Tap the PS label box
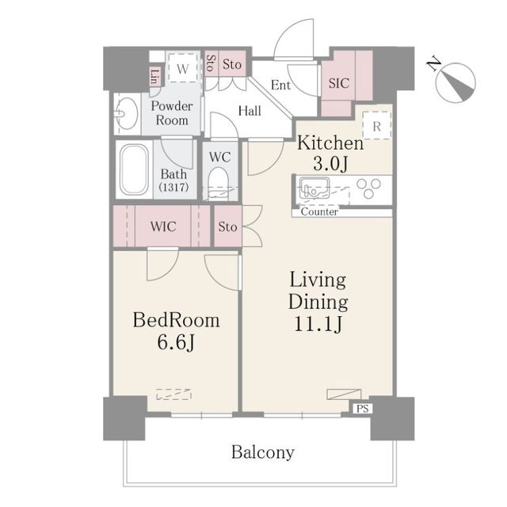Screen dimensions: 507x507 pos(362,410)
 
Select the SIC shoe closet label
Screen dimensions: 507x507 pos(338,83)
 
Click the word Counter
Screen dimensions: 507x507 pos(319,212)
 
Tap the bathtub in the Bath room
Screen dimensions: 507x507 pos(134,170)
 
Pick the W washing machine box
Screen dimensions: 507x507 pos(183,69)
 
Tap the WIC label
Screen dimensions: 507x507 pos(165,227)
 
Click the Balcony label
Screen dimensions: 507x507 pos(263,453)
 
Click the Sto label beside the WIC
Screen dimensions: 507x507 pos(228,227)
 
